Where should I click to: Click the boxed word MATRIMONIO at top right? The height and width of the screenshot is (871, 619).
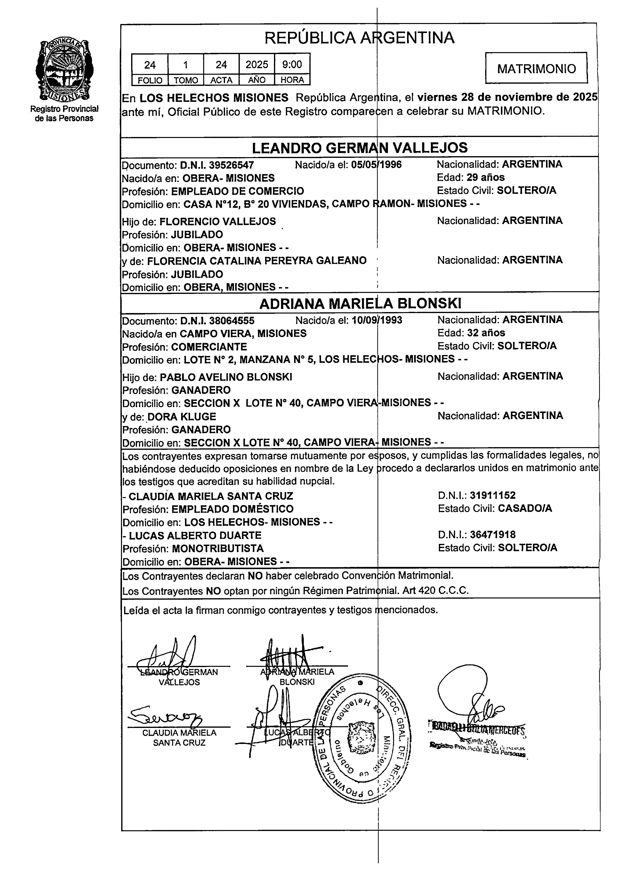(536, 69)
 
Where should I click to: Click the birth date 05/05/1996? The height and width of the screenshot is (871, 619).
(376, 165)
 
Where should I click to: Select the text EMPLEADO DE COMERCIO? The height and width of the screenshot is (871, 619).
(237, 191)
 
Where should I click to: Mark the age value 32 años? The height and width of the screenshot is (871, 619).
(486, 333)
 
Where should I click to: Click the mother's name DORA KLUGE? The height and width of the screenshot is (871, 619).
(182, 417)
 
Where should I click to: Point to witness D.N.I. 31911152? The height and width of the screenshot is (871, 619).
(492, 496)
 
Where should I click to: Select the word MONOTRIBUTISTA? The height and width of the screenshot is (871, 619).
(218, 548)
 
